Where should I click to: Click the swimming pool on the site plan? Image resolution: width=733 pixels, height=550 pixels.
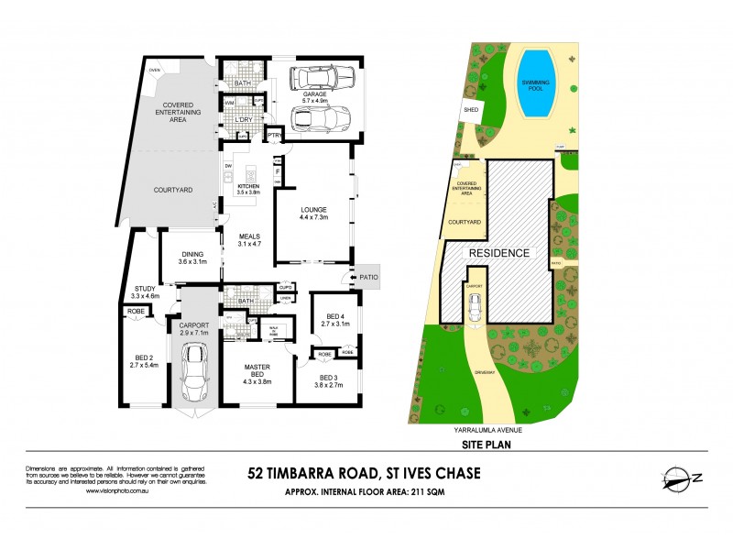pyautogui.click(x=534, y=83)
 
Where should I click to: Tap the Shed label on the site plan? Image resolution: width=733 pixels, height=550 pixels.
pyautogui.click(x=471, y=110)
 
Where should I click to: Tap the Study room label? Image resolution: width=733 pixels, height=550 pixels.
pyautogui.click(x=145, y=292)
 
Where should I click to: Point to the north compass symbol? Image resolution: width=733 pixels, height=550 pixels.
pyautogui.click(x=681, y=478)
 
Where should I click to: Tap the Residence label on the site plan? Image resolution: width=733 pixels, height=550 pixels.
pyautogui.click(x=499, y=253)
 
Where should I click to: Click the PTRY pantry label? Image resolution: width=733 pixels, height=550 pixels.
pyautogui.click(x=273, y=137)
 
